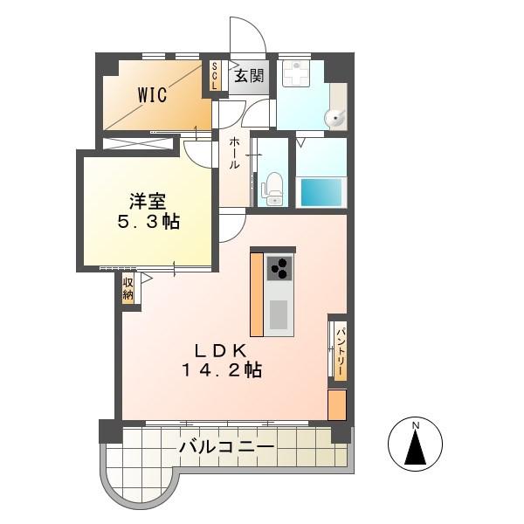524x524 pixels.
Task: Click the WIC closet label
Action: point(152,94)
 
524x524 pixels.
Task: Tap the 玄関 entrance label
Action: point(249,76)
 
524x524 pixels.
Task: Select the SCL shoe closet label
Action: point(214,76)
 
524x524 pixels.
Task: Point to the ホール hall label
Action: point(234,154)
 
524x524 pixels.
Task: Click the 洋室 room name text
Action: point(148,201)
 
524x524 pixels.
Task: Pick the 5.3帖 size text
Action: point(148,221)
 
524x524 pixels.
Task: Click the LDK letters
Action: point(221,350)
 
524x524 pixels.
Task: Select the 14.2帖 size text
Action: point(222,369)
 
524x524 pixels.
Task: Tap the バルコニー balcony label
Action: point(227,447)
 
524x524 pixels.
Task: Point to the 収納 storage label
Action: point(128,289)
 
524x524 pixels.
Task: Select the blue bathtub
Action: point(321,192)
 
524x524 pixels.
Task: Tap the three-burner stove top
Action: point(279,269)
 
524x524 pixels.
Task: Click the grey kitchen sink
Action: point(279,314)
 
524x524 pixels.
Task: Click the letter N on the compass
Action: point(416,425)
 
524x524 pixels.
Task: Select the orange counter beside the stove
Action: point(257,295)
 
